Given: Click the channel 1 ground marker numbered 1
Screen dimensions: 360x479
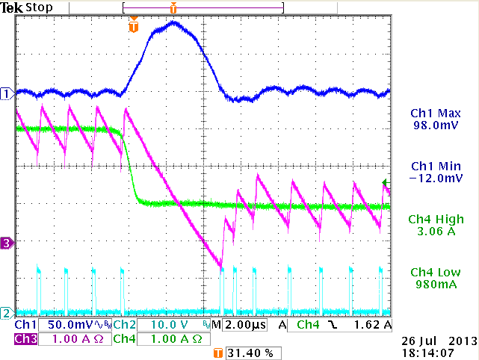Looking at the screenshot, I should [x=7, y=93].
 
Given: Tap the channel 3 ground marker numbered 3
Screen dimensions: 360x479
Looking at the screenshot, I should [x=7, y=243].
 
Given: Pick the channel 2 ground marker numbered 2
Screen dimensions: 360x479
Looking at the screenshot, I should [x=7, y=312].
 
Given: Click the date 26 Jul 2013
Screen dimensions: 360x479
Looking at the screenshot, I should [x=433, y=340].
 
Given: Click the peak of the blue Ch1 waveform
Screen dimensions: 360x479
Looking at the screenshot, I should [x=174, y=22].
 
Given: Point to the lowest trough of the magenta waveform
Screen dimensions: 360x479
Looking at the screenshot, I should [x=220, y=266].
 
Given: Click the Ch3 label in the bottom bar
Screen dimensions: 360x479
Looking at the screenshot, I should [x=25, y=339].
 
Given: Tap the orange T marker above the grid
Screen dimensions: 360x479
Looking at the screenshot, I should [x=134, y=27].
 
